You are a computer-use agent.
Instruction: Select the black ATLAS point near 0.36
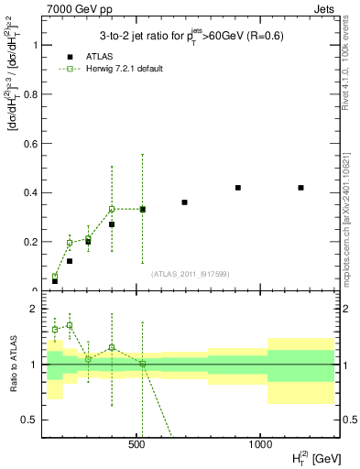tap(184, 202)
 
